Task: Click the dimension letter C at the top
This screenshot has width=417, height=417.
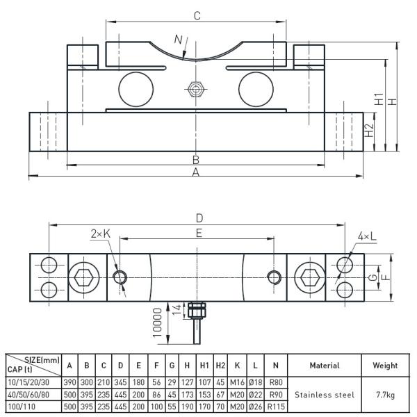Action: [197, 15]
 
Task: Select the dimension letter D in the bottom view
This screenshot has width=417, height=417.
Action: [199, 218]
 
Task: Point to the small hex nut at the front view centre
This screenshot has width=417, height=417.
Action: [196, 89]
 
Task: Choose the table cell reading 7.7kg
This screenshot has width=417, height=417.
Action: [384, 394]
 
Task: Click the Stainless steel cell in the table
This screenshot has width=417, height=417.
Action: [325, 394]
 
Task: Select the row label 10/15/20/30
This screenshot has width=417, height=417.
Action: [28, 382]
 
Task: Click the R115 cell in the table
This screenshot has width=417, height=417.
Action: [276, 407]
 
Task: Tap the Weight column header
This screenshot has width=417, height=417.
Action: [384, 365]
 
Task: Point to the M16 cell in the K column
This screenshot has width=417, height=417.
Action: [237, 382]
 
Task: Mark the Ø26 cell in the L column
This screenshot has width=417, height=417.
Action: [256, 407]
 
